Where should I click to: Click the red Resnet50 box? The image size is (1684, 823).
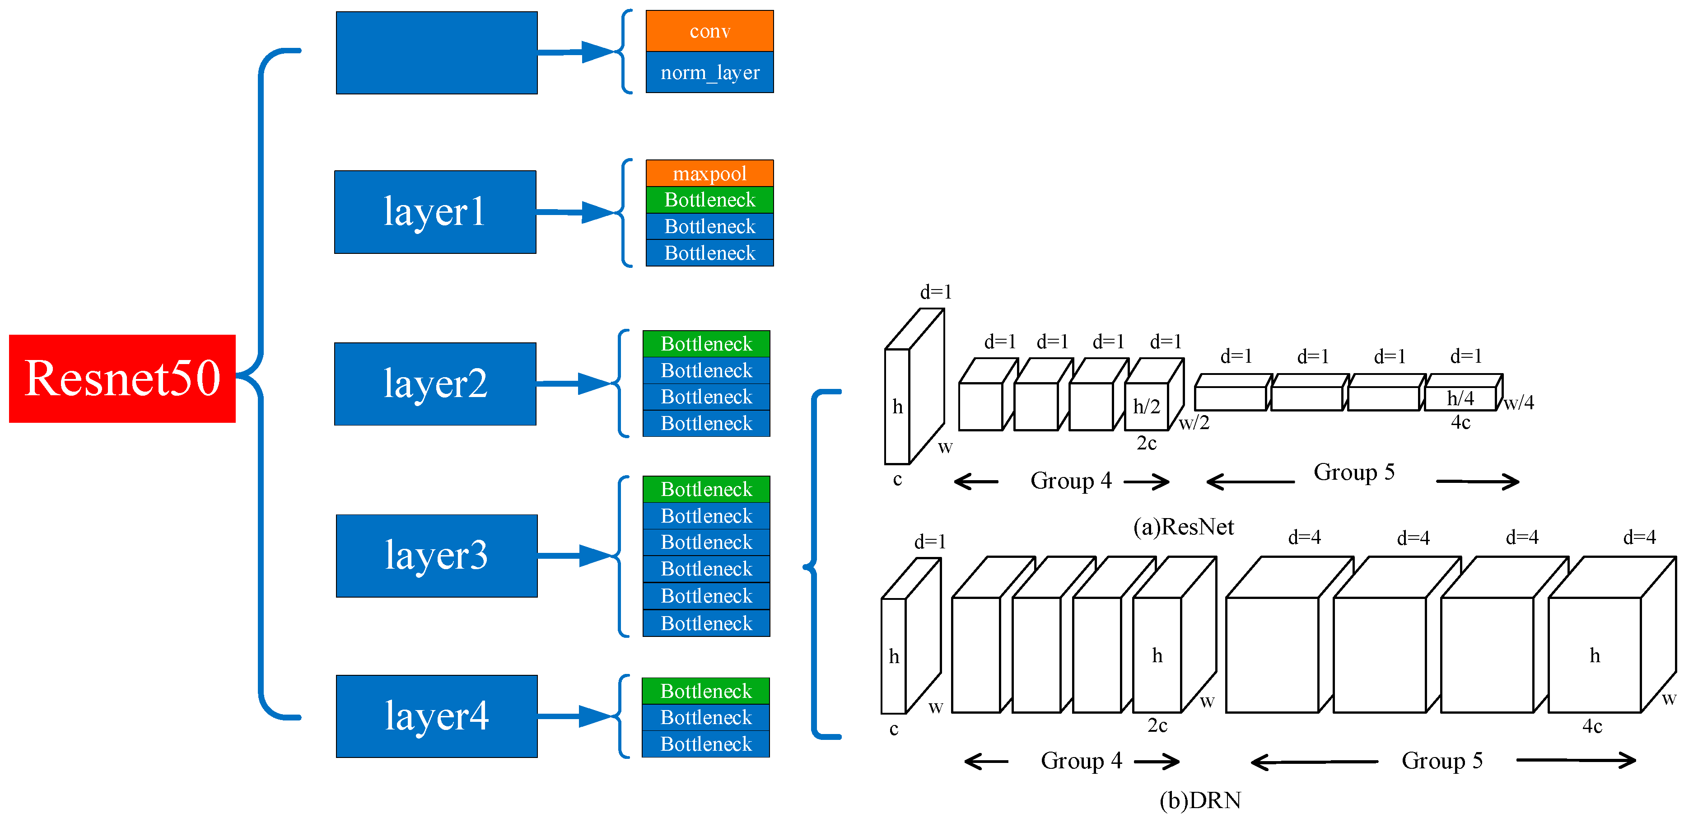coord(122,379)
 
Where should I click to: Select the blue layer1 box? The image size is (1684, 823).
coord(435,212)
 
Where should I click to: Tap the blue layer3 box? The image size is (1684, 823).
coord(437,556)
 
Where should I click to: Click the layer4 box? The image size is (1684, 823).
coord(437,716)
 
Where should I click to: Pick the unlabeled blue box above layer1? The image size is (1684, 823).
coord(437,53)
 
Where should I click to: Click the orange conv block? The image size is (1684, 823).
coord(709,31)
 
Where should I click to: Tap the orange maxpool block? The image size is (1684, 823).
coord(709,173)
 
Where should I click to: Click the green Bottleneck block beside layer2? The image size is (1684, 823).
coord(706,344)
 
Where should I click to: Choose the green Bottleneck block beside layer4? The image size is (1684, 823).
coord(705,691)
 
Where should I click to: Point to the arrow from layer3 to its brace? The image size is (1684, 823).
coord(575,556)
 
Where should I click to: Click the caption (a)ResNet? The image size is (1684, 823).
coord(1183,526)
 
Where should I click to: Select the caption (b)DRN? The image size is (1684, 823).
coord(1200,800)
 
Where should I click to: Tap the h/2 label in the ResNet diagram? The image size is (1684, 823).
coord(1146,407)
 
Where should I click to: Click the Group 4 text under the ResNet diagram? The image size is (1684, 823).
coord(1071,481)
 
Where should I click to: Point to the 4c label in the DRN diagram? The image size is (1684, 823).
coord(1592,726)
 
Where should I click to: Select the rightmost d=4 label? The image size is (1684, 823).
coord(1639,538)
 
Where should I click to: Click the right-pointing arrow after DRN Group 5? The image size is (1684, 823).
coord(1576,760)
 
